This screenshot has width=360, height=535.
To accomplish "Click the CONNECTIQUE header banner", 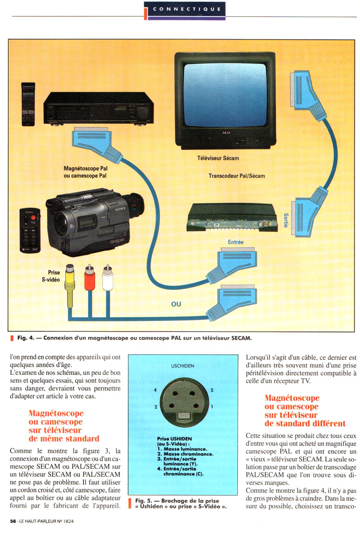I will tap(187, 9).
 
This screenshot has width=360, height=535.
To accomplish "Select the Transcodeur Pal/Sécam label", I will tap(237, 176).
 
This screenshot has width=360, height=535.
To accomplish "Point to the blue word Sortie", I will tap(286, 220).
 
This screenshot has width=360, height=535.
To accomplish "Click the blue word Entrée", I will tap(235, 242).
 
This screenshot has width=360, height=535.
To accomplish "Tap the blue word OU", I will tap(176, 304).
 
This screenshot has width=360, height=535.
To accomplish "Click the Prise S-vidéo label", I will tap(52, 276).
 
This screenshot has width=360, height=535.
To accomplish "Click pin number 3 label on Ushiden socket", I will tap(212, 390).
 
